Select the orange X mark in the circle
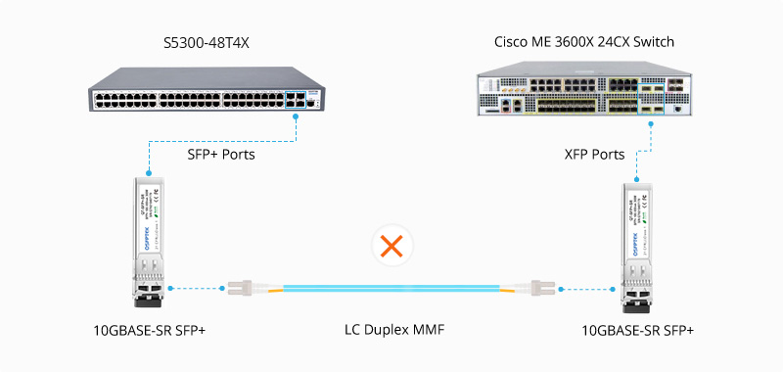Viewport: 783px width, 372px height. coord(391,247)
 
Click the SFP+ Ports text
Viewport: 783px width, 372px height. coord(221,154)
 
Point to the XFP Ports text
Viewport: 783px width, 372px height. coord(594,154)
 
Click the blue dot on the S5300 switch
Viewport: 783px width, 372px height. coord(296,113)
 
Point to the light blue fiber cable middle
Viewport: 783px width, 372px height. coord(391,290)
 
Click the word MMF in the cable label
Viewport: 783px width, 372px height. coord(428,330)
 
